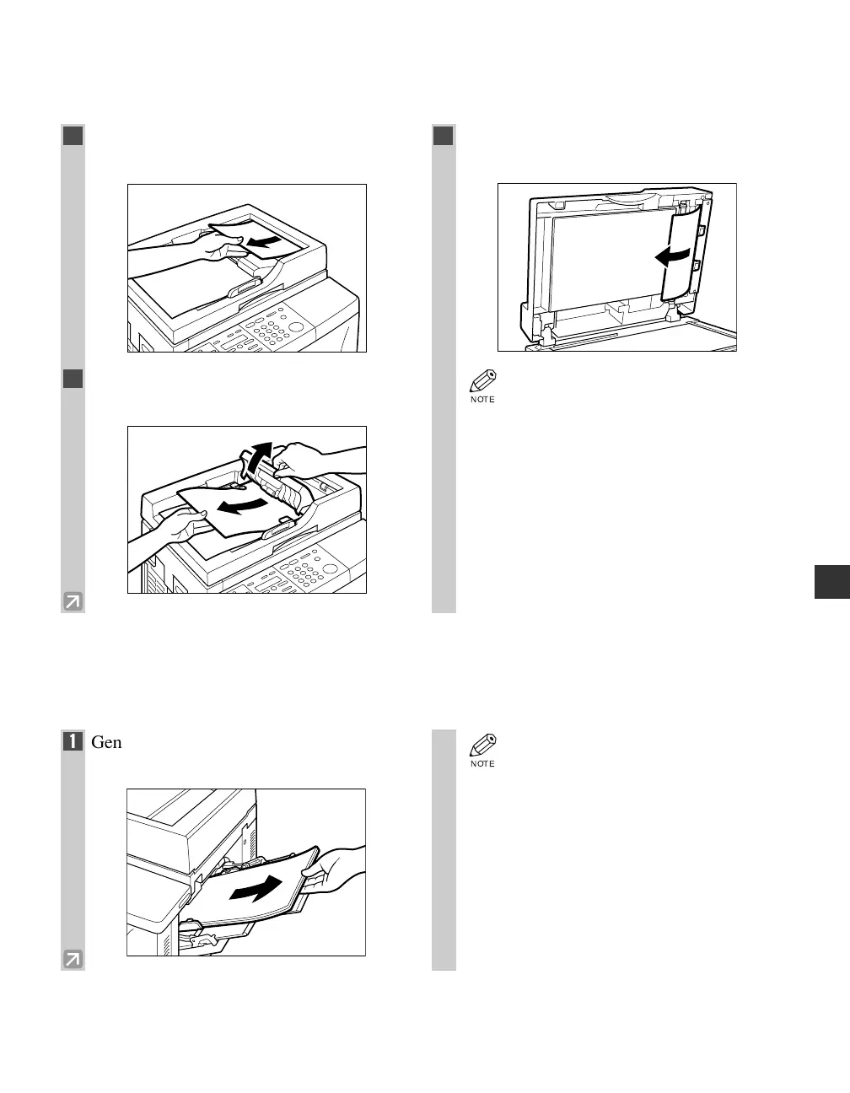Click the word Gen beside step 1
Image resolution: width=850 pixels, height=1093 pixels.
(106, 743)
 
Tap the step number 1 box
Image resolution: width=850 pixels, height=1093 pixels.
(73, 743)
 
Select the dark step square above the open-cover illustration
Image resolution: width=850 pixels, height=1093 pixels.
(444, 136)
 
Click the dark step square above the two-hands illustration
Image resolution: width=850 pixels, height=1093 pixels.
(73, 379)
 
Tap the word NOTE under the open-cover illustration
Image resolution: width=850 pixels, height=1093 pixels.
(482, 400)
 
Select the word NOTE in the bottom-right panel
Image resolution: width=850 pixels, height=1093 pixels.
(482, 764)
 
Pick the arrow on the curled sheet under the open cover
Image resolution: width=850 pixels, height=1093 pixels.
(675, 256)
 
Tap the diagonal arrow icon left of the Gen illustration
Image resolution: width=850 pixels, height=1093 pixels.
(73, 959)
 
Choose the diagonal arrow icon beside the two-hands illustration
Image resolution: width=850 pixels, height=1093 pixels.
(73, 601)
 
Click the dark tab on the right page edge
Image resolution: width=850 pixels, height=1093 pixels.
(831, 583)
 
